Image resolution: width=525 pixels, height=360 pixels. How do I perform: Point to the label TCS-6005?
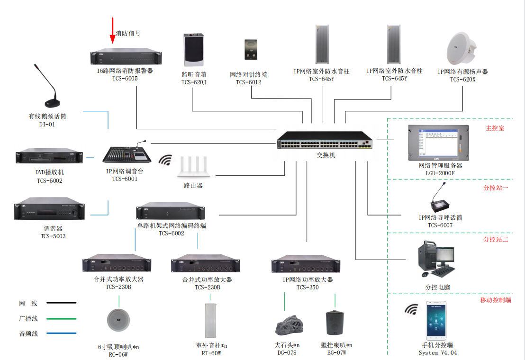125,79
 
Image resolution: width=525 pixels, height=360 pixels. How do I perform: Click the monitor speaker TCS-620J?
193,50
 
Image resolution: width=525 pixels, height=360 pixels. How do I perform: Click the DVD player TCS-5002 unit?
49,158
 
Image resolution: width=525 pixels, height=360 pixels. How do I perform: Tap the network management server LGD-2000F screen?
438,142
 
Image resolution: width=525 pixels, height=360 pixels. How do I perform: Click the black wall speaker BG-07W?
336,324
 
